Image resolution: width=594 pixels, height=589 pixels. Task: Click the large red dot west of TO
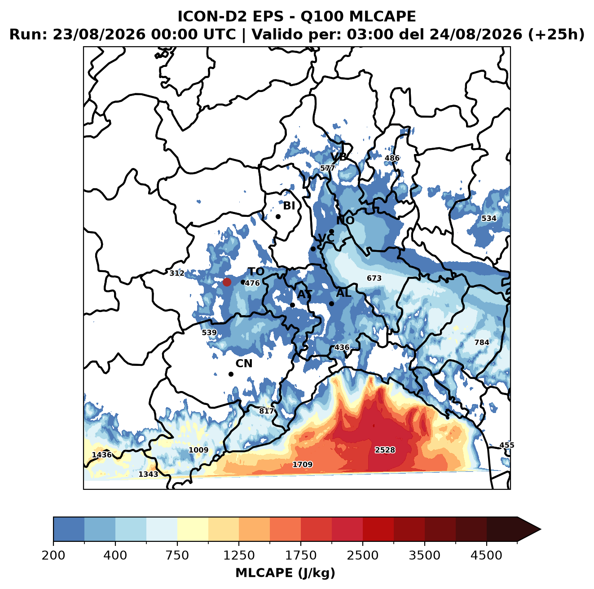point(227,282)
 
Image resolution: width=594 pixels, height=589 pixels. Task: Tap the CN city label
point(243,363)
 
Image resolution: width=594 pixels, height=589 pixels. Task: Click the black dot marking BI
point(278,216)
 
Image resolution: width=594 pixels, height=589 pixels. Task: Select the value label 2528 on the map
point(385,450)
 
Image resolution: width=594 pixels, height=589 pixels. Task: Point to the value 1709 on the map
point(303,464)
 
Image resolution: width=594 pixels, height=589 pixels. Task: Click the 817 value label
point(266,410)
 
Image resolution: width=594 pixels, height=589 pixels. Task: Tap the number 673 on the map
point(374,278)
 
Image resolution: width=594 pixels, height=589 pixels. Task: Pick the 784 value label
point(481,342)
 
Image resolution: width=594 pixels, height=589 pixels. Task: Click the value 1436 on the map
point(102,455)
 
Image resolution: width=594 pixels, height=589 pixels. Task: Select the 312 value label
point(177,273)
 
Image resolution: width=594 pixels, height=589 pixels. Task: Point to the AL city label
point(343,293)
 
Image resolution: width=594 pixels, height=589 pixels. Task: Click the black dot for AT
point(292,305)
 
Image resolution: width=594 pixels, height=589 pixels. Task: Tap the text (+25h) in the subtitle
point(556,34)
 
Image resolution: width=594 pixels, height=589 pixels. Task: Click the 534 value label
point(488,218)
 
